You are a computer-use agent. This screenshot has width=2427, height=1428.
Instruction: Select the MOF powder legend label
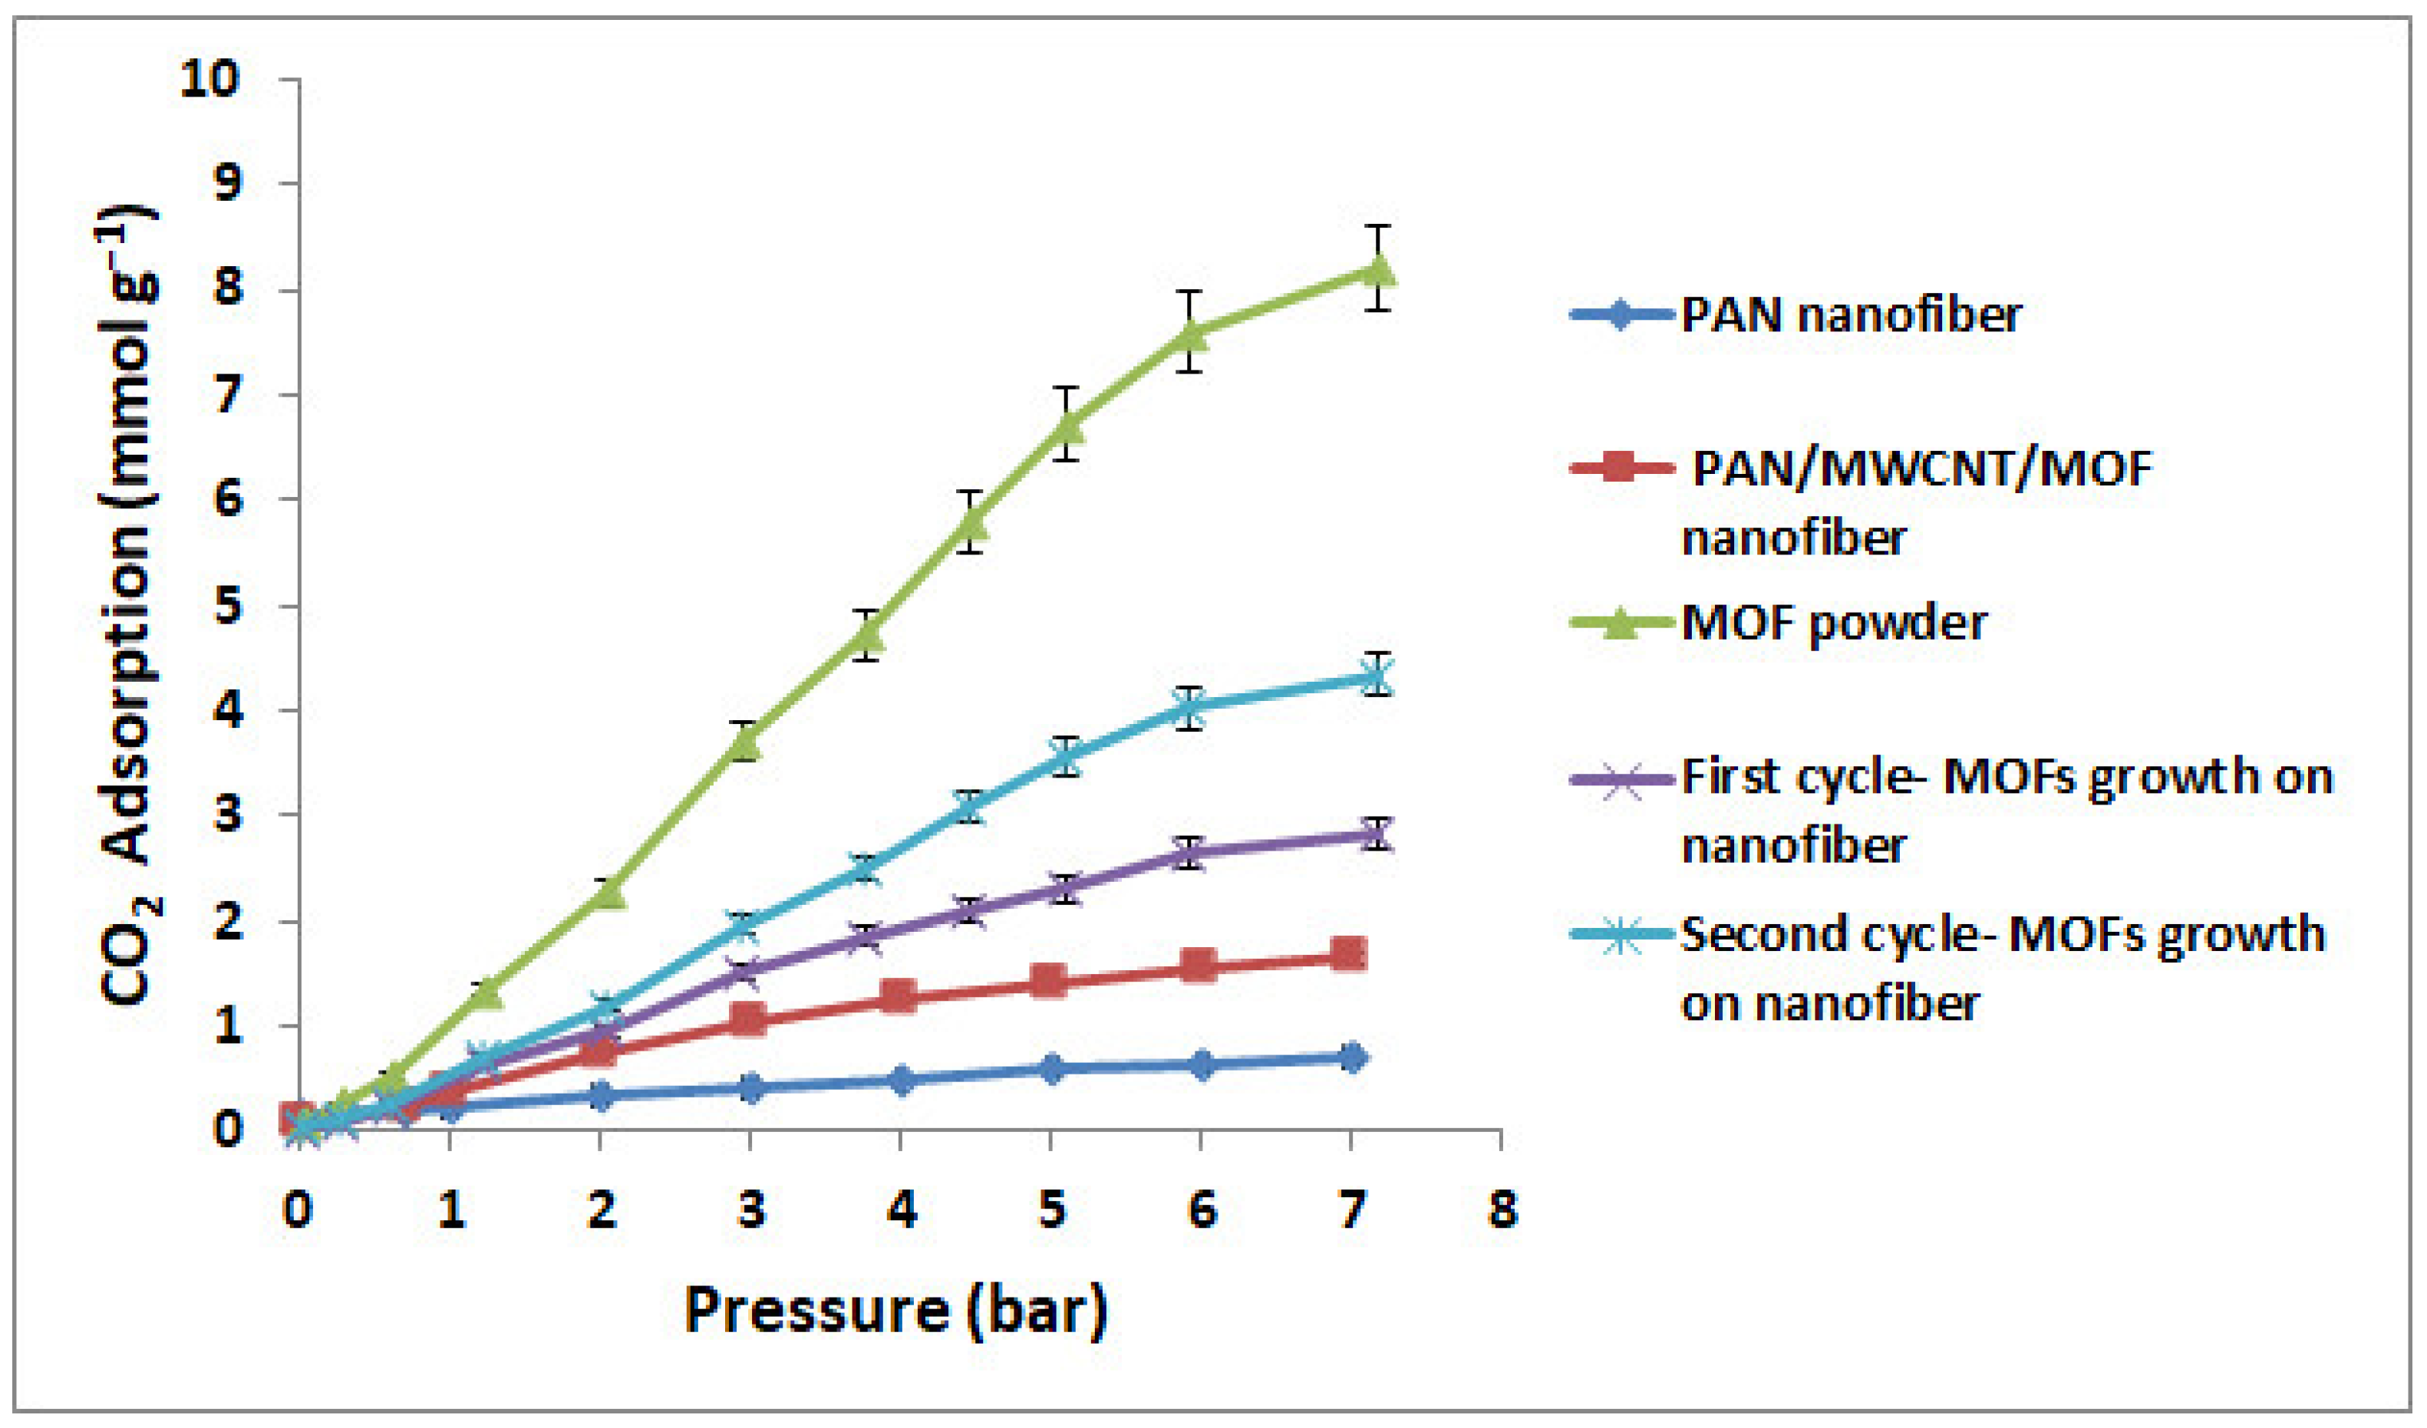tap(1833, 623)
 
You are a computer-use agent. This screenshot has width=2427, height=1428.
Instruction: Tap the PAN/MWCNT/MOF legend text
tap(1921, 469)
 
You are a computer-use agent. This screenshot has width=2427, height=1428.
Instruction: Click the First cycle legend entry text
tap(2006, 777)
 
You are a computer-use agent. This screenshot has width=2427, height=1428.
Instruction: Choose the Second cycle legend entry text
tap(2002, 934)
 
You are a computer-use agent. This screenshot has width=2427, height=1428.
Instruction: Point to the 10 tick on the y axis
tap(208, 79)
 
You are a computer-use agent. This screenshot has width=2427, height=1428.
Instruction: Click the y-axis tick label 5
tap(227, 607)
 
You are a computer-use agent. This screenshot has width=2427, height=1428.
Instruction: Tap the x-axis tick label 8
tap(1502, 1210)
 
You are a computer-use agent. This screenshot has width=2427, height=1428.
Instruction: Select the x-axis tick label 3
tap(751, 1210)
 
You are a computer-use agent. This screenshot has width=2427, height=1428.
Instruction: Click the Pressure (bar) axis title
tap(895, 1311)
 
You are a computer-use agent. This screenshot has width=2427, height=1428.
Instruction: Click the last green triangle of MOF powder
tap(1379, 270)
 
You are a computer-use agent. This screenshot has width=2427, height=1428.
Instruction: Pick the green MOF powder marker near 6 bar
tap(1192, 333)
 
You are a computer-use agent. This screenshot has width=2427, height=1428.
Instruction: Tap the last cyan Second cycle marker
tap(1378, 677)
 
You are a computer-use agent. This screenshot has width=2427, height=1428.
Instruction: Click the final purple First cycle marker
tap(1378, 834)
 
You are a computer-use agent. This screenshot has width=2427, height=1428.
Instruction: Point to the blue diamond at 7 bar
tap(1352, 1058)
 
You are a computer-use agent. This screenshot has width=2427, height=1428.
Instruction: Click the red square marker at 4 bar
tap(899, 995)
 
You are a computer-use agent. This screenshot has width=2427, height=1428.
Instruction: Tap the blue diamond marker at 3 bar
tap(751, 1088)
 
